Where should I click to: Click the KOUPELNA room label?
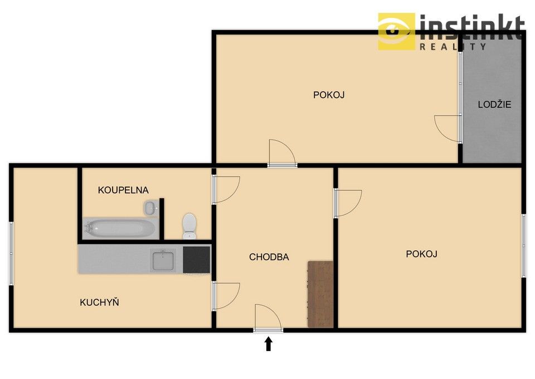click(x=123, y=190)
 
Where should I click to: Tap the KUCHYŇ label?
click(x=100, y=303)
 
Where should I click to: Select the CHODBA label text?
click(x=269, y=257)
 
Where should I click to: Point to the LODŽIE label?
click(x=494, y=104)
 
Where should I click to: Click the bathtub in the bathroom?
click(x=120, y=228)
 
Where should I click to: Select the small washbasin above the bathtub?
click(x=150, y=208)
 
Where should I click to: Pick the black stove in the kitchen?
click(x=197, y=260)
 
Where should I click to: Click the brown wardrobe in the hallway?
click(x=320, y=294)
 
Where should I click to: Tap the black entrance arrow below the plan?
click(x=269, y=343)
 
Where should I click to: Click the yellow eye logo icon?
click(x=396, y=31)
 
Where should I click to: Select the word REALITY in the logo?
click(x=453, y=47)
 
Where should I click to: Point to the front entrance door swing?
click(x=268, y=317)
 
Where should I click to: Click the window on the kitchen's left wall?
click(x=11, y=253)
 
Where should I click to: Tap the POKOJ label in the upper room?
click(x=329, y=95)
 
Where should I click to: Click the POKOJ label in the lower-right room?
click(x=421, y=254)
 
